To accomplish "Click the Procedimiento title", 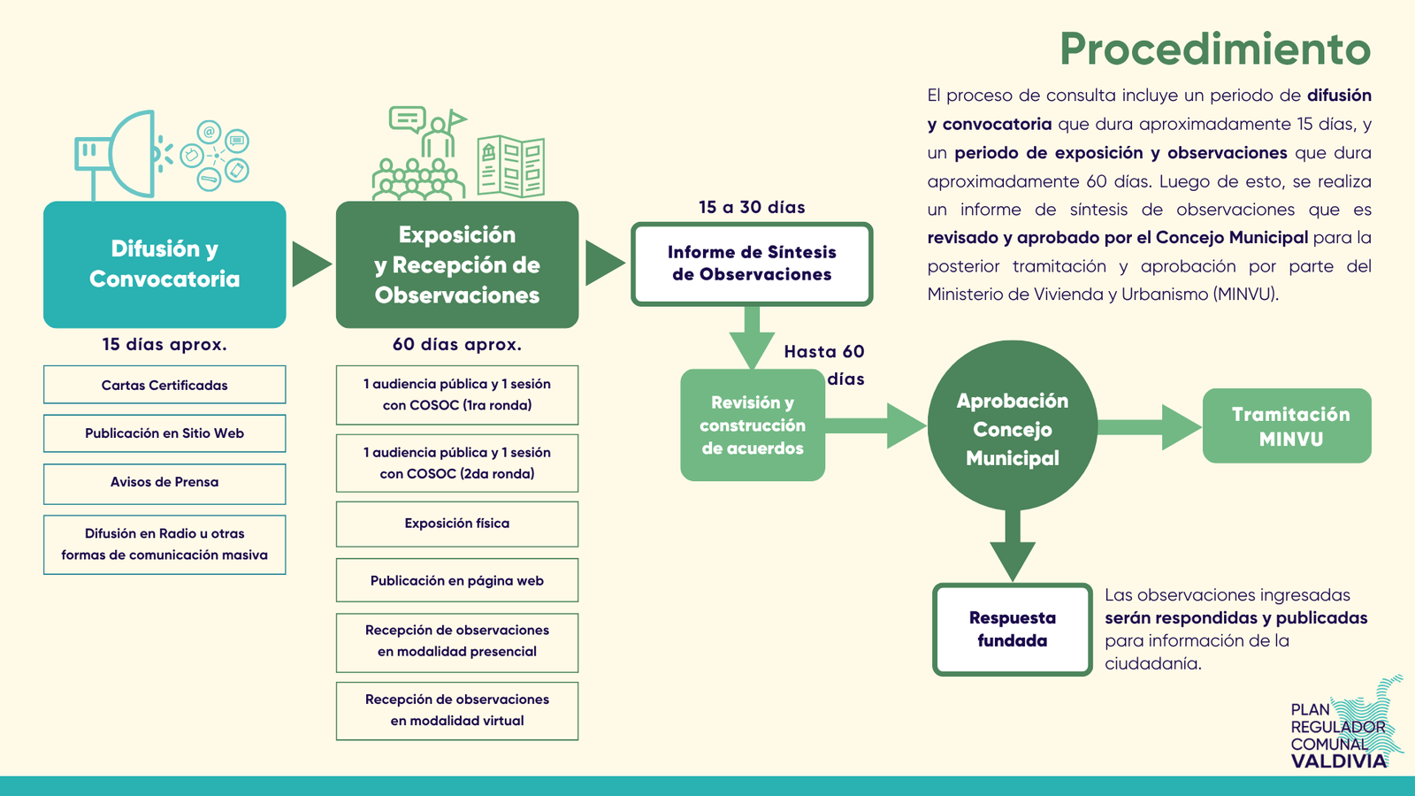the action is [1215, 49].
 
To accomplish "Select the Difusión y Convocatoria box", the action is [164, 264].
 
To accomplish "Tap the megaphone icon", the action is [123, 155].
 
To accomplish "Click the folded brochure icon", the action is [511, 165].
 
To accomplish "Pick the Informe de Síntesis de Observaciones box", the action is [752, 264].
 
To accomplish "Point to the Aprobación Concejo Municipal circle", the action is [1012, 425].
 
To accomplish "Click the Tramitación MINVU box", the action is [1287, 425].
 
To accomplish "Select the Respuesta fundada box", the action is [1013, 629].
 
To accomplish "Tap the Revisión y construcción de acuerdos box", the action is [753, 425].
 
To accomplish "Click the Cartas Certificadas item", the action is [164, 385].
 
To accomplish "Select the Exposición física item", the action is [456, 524].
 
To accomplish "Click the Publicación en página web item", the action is [456, 580].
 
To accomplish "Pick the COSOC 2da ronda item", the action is [456, 463].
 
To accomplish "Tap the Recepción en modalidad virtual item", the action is [456, 711].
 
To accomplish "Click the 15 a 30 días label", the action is [752, 207].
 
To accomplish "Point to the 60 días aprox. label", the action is [457, 344].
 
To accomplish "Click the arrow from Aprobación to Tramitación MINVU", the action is [1150, 427].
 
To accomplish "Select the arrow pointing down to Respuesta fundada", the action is [1013, 546].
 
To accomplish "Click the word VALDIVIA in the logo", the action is [1339, 761].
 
